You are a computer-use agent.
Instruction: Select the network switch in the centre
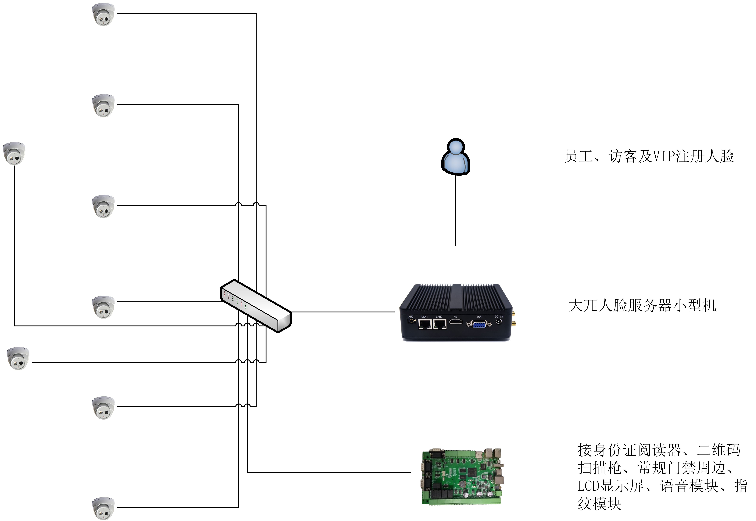point(256,306)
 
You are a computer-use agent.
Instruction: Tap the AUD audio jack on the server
point(411,321)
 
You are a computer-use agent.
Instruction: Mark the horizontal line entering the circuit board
point(329,472)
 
